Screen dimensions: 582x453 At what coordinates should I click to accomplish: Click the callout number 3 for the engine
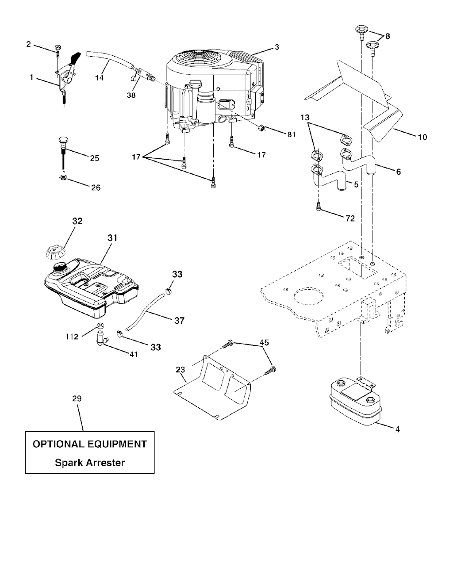(x=277, y=46)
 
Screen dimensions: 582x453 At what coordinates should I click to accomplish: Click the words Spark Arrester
(x=90, y=463)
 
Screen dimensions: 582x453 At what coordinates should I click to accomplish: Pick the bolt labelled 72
(x=319, y=207)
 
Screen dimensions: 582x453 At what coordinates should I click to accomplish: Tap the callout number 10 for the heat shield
(x=422, y=137)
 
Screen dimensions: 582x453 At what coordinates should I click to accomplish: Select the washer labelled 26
(x=63, y=178)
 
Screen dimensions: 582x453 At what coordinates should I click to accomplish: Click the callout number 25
(x=95, y=158)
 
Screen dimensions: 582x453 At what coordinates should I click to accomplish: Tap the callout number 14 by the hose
(x=100, y=78)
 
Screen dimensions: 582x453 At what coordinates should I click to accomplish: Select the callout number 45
(x=264, y=342)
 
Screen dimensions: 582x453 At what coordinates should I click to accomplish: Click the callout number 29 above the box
(x=77, y=398)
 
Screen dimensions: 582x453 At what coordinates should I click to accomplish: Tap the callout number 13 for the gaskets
(x=305, y=118)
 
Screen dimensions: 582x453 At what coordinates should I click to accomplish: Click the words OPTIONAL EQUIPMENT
(x=90, y=444)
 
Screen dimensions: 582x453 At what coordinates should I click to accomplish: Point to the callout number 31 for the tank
(x=112, y=238)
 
